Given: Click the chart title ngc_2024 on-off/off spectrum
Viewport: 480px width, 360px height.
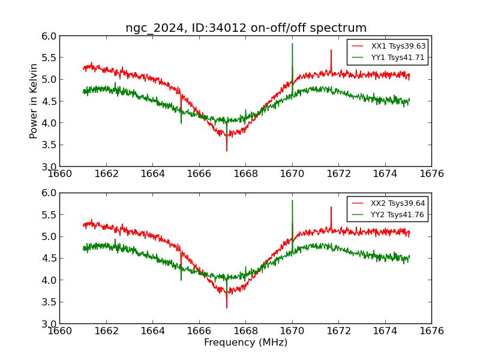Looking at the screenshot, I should coord(246,28).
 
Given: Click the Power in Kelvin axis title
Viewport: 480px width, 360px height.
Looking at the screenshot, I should coord(34,101).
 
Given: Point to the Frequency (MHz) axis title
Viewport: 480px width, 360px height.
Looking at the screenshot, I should coord(245,343).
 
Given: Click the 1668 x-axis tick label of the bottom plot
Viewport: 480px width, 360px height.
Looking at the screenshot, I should coord(245,331).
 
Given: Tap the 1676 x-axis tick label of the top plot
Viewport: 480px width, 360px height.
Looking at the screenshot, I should coord(431,173).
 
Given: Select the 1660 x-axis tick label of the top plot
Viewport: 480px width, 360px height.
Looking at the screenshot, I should coord(60,173).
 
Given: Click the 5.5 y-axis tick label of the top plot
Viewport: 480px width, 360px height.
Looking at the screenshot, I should coord(50,58).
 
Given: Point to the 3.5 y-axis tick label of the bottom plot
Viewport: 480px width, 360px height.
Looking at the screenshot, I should coord(50,302).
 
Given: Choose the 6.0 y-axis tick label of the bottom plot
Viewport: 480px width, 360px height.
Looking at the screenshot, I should coord(50,193).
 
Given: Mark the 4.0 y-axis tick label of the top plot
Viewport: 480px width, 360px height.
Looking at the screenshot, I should coord(50,123).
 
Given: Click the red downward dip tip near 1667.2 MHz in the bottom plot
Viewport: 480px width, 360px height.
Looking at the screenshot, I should coord(227,307).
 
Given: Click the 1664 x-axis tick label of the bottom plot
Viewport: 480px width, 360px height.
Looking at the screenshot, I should coord(152,331).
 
